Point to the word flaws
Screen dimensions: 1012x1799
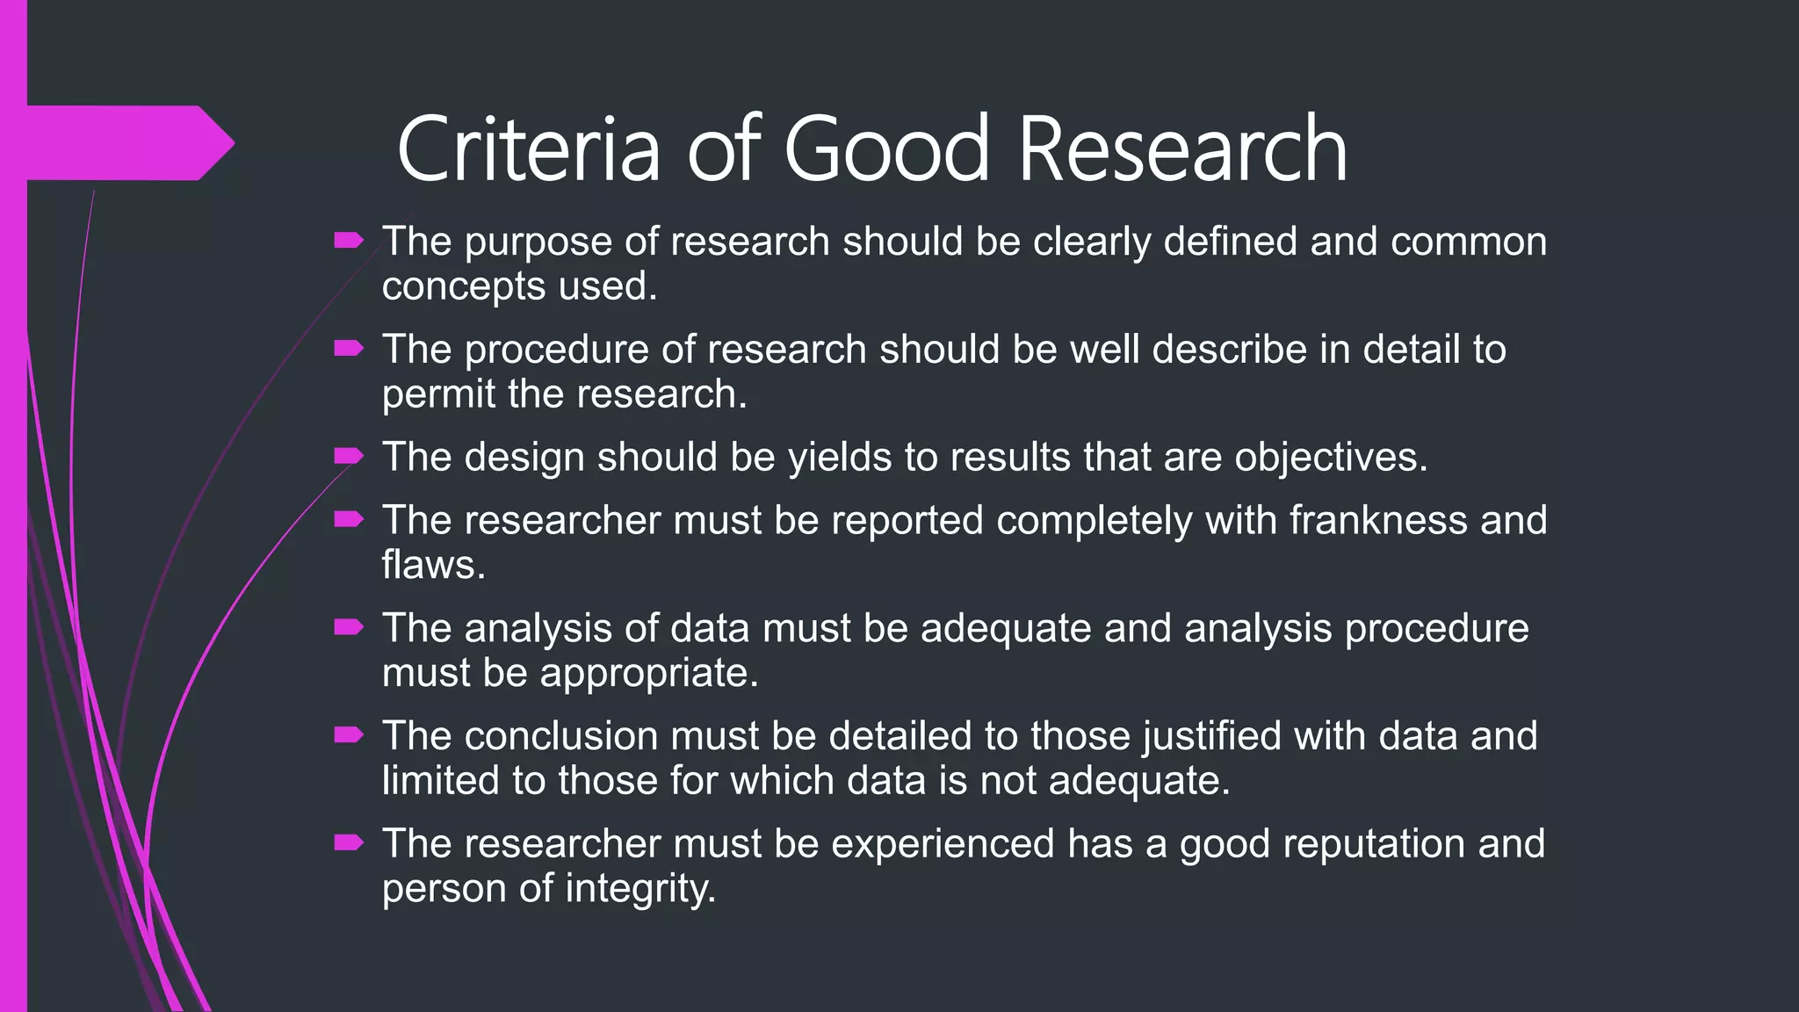pos(433,565)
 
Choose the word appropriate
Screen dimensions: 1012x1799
pos(648,675)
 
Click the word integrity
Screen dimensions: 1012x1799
pos(640,889)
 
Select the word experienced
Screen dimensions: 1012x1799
pos(943,844)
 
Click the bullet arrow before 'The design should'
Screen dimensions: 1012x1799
pos(349,455)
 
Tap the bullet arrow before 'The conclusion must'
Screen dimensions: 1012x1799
pos(349,734)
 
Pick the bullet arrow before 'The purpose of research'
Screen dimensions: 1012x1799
pos(349,240)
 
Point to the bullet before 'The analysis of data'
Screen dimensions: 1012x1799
pos(349,626)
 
